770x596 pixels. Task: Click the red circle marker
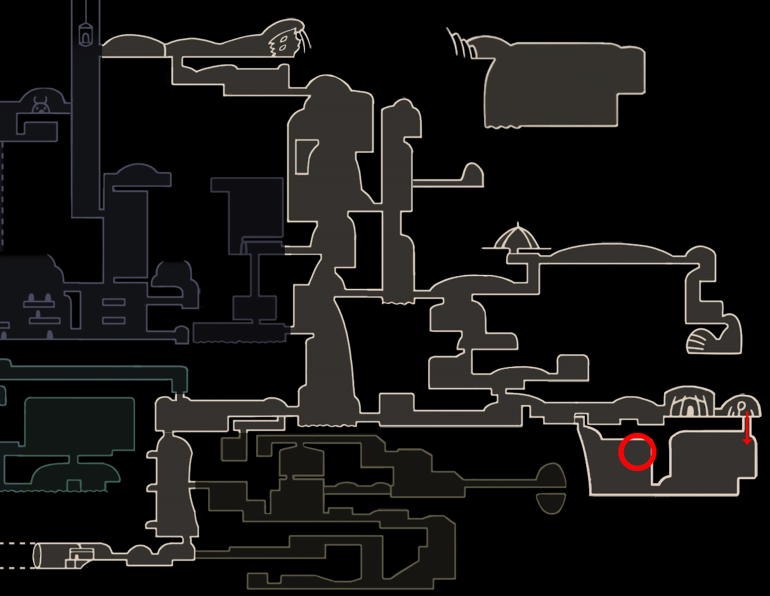(x=637, y=452)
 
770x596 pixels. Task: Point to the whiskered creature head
(x=286, y=41)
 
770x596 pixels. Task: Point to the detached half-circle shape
(x=550, y=503)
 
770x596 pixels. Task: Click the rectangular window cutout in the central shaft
(x=306, y=156)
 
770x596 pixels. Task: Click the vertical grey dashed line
(x=1, y=197)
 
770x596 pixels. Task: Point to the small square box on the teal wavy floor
(x=74, y=486)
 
